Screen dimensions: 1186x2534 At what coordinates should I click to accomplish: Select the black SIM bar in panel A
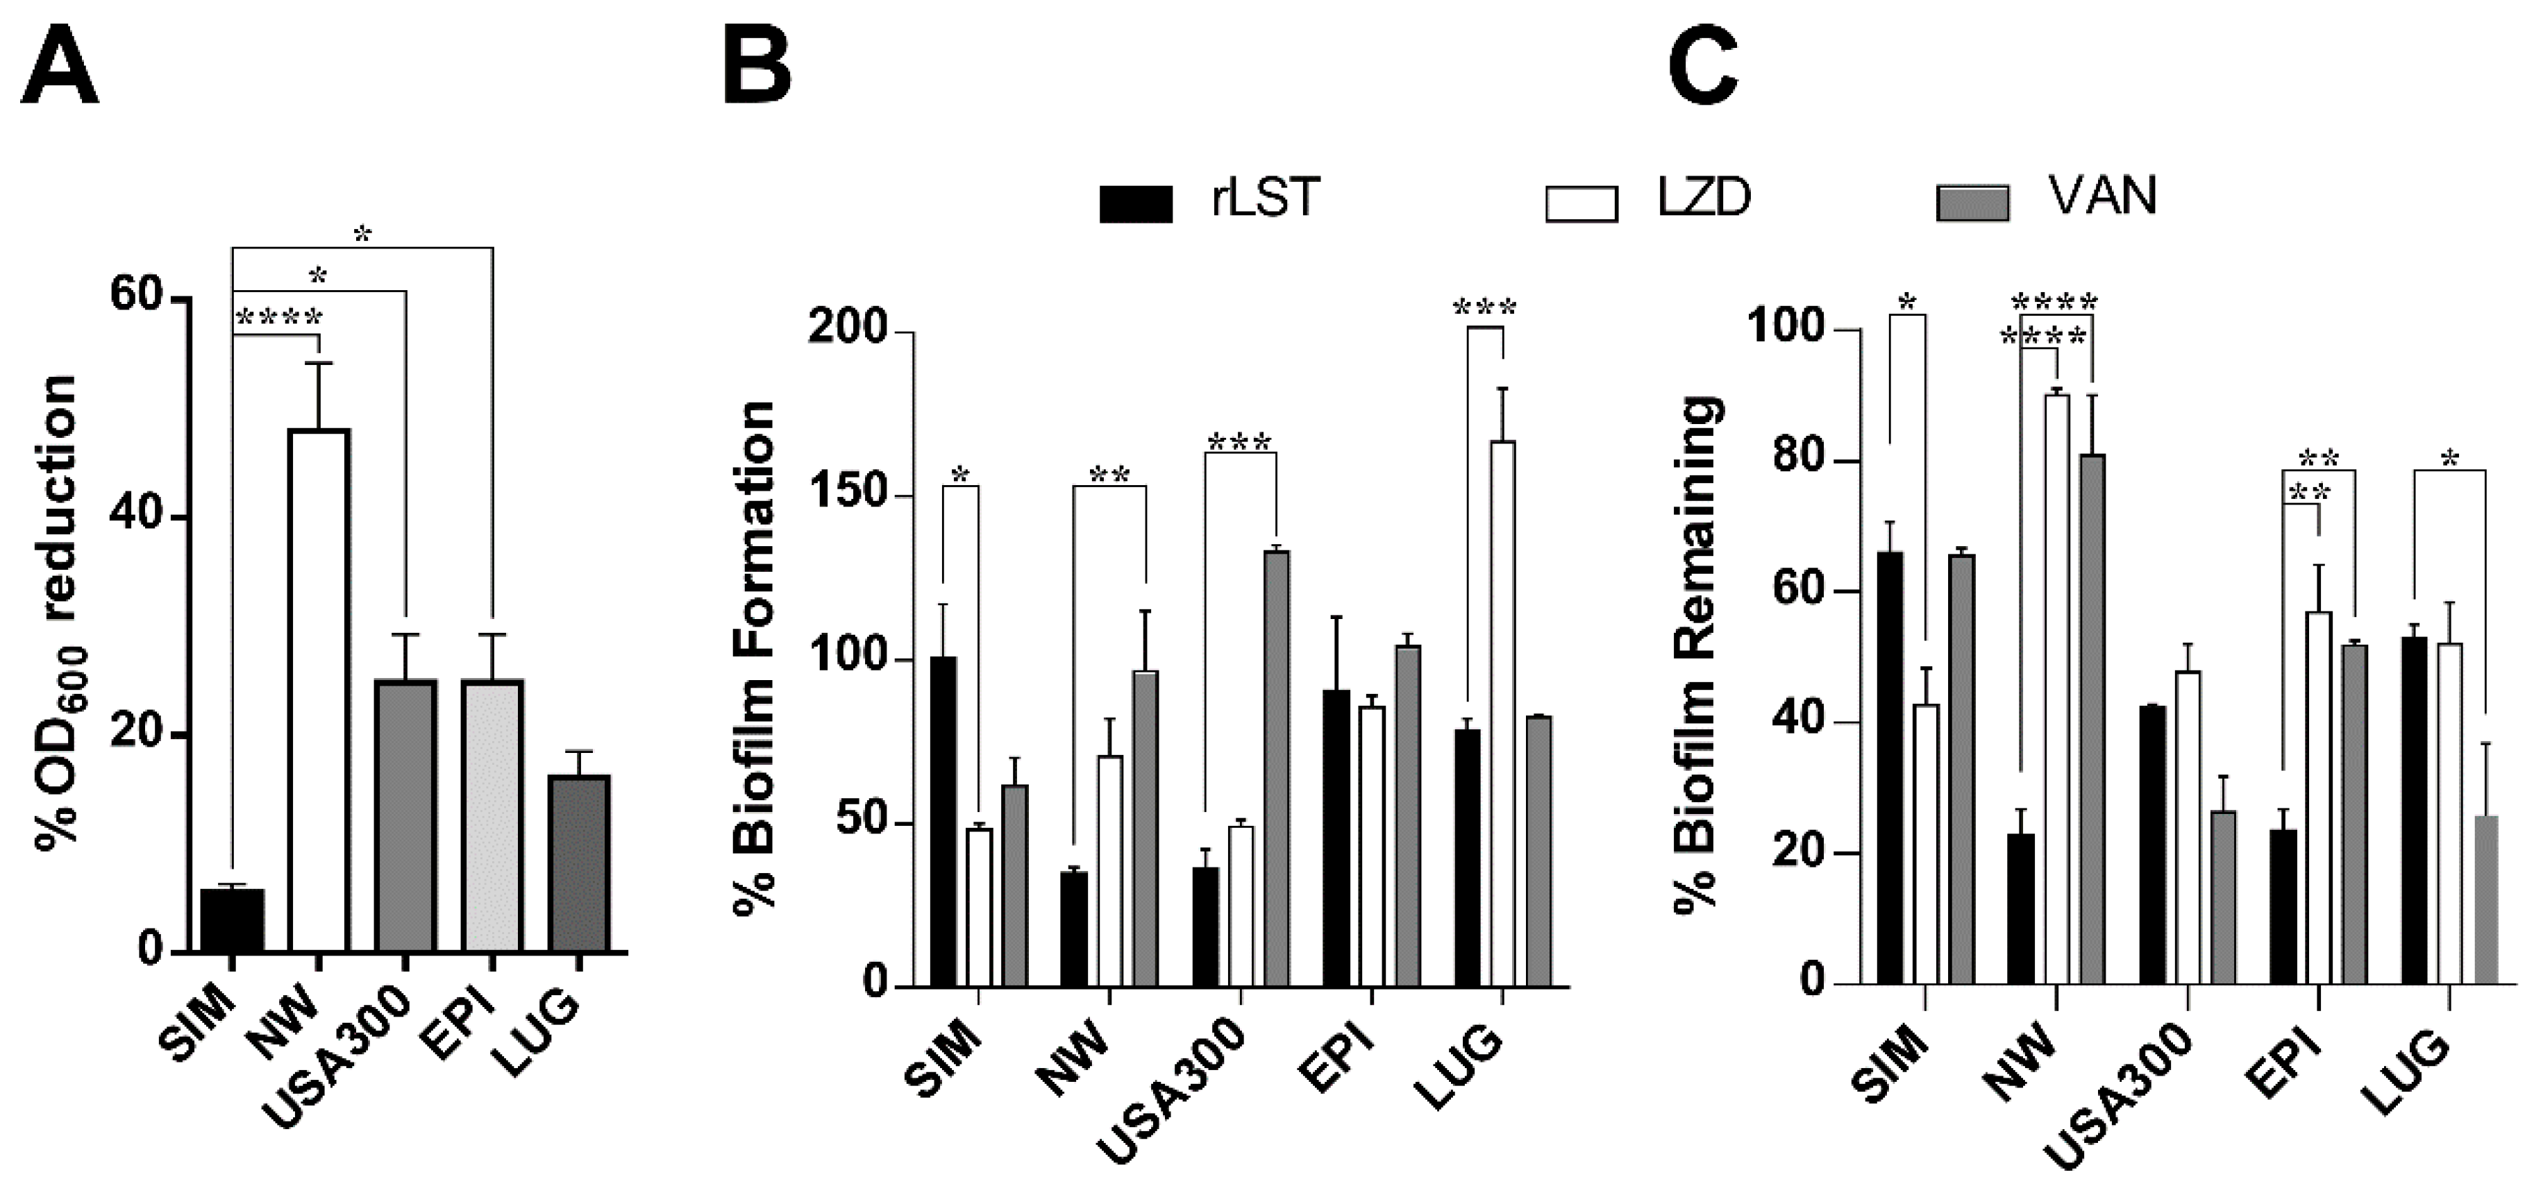(232, 920)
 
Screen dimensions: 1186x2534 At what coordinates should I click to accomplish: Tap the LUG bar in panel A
(580, 863)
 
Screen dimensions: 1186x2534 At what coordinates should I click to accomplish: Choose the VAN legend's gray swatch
(1972, 202)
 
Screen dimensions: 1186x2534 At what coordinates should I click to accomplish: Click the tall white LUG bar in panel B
(1502, 713)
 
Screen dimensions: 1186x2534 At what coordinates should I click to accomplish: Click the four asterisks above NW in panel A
(279, 319)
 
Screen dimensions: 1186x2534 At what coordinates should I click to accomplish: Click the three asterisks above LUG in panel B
(1486, 309)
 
